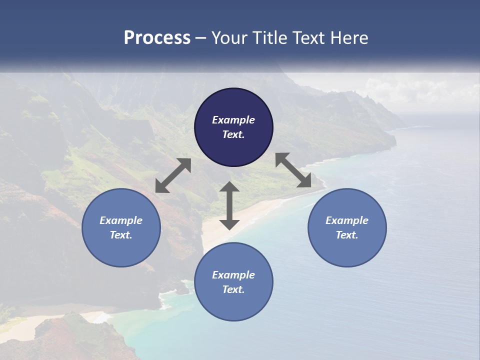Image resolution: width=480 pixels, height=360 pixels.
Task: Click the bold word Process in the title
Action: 157,38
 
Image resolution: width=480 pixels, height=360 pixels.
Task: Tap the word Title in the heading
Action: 268,38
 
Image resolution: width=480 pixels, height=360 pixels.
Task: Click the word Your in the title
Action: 229,38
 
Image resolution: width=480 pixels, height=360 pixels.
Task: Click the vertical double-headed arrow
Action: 229,205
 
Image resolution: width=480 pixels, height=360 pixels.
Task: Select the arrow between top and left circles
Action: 173,175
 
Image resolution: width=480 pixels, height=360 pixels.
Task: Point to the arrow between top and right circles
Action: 293,170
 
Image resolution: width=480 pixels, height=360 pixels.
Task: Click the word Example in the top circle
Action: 233,120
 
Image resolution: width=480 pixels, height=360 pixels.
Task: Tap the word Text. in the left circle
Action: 121,235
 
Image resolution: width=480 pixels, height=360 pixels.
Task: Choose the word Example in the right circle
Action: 347,220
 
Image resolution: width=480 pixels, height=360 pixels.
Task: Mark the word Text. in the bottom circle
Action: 233,289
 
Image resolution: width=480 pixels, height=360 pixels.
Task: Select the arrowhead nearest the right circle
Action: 304,181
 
